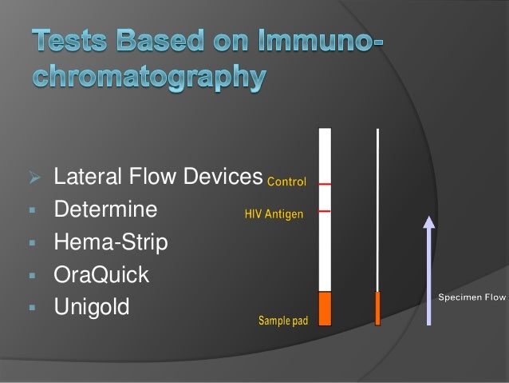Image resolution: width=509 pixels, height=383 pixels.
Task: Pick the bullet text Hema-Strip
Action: tap(111, 242)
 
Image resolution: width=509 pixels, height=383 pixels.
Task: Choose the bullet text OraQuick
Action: tap(101, 274)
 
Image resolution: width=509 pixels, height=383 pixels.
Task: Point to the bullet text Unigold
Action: tap(91, 306)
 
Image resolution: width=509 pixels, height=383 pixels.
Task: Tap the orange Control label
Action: tap(286, 182)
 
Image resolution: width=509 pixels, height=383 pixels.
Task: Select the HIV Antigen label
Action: tap(273, 214)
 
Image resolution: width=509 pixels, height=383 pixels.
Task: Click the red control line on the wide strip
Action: tap(325, 184)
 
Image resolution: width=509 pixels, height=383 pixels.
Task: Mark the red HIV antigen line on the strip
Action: tap(325, 211)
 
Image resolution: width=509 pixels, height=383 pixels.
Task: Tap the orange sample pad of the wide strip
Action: tap(325, 309)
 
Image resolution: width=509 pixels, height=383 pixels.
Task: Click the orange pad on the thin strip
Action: tap(378, 309)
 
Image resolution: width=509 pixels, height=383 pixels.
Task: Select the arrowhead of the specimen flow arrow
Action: tap(429, 223)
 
